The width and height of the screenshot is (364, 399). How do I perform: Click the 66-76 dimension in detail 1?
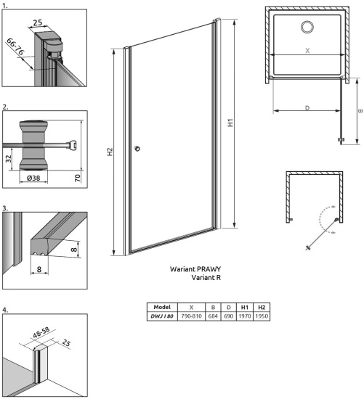(15, 46)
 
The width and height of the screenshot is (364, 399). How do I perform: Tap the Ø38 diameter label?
(33, 178)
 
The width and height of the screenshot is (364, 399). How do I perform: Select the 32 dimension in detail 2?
(9, 159)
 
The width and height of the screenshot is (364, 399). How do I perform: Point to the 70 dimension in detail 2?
(78, 178)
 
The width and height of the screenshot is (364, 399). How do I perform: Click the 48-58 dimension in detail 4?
(41, 332)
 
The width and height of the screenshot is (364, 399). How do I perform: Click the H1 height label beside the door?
(230, 123)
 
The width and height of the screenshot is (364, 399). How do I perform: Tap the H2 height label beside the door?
(110, 152)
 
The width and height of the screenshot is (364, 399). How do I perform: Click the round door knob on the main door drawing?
(137, 148)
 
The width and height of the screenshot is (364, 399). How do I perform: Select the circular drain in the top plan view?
(307, 27)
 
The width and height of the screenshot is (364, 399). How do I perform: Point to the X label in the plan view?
(307, 51)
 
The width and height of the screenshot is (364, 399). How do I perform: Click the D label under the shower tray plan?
(307, 108)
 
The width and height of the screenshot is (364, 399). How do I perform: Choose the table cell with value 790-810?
(191, 316)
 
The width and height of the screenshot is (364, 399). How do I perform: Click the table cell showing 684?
(213, 316)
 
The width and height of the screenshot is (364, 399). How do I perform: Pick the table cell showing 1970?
(245, 316)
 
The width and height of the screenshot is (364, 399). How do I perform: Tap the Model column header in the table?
(162, 307)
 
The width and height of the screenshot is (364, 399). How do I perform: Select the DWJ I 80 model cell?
(162, 316)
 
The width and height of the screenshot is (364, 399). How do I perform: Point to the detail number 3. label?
(5, 208)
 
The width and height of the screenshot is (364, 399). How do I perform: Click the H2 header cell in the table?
(262, 307)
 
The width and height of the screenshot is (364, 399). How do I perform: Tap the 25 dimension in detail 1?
(38, 22)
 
